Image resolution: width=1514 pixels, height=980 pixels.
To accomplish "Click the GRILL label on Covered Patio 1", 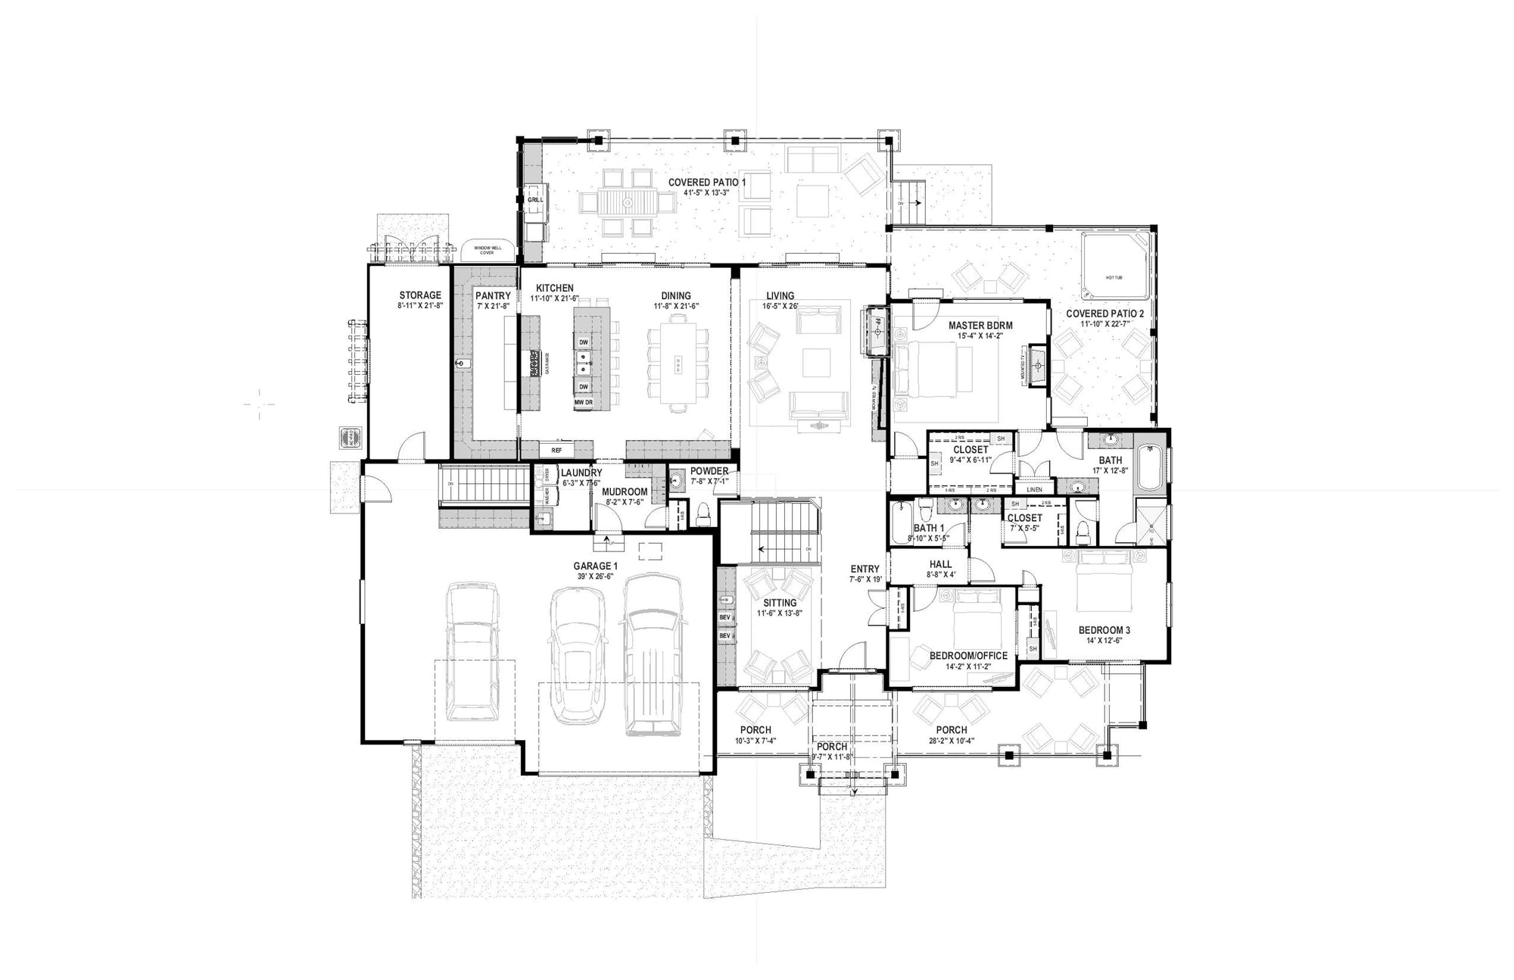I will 535,200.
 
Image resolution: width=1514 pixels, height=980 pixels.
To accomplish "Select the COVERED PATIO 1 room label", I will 706,183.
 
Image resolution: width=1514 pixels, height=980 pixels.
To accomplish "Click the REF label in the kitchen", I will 556,450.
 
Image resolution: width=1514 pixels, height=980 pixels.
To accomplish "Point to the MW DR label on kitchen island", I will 583,402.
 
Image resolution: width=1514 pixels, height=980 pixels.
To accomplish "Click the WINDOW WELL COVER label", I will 487,250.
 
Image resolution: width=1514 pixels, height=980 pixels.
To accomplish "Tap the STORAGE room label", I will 420,295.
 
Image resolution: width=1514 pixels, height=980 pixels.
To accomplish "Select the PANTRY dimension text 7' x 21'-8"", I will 493,305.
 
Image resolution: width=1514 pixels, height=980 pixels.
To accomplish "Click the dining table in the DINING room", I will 678,364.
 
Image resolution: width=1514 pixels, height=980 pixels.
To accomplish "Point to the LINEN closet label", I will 1034,489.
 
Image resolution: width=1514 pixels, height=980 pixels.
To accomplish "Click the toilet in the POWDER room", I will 702,513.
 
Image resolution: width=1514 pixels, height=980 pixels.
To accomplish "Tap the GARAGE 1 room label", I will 595,566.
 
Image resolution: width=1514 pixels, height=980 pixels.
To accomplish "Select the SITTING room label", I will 779,603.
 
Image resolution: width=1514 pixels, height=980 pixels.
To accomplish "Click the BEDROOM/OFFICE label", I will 968,656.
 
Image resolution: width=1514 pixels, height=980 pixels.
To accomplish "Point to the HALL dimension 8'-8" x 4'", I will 940,575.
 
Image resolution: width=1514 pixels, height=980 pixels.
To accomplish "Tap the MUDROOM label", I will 625,492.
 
